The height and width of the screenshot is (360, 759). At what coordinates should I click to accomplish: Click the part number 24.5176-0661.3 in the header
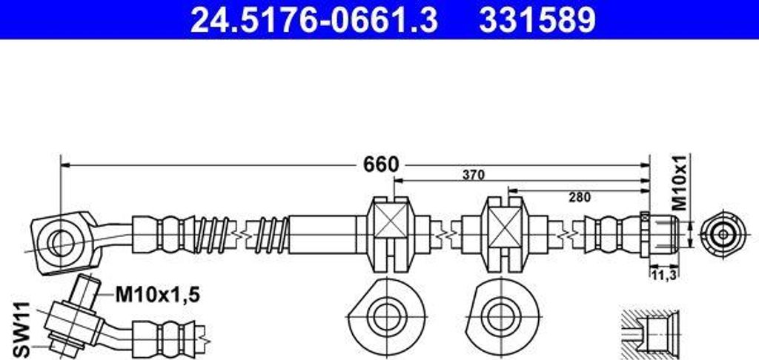point(314,20)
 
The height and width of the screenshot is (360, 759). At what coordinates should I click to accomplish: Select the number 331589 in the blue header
point(537,20)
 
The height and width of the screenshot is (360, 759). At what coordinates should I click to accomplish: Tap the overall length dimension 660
point(381,164)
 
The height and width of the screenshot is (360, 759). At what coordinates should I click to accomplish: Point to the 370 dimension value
point(473,176)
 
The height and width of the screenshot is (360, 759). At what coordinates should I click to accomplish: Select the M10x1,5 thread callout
point(156,296)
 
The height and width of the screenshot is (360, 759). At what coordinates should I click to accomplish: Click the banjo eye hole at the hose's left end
point(59,239)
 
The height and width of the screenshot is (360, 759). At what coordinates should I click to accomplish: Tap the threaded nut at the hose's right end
point(659,233)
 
